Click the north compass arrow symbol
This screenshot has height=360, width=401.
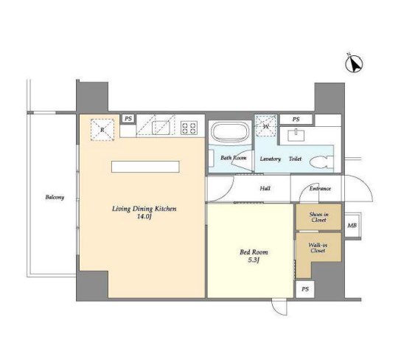coord(355,64)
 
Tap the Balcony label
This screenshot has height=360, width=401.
coord(55,197)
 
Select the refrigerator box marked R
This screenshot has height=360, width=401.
coord(102,130)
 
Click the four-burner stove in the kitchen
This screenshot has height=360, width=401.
coord(189,128)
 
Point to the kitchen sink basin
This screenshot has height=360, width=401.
coord(161,128)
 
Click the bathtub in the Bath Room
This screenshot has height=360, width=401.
coord(231,132)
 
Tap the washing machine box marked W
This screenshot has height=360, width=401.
coord(266,126)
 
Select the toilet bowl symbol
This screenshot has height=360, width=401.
coord(321,163)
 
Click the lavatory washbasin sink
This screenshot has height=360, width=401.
coord(296,135)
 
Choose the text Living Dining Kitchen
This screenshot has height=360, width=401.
coord(144,209)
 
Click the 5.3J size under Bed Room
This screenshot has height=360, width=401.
coord(254,260)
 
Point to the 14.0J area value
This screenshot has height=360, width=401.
coord(144,217)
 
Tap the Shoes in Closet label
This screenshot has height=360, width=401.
coord(318,217)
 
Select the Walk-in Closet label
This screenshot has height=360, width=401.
coord(318,248)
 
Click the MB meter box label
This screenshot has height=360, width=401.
coord(352,226)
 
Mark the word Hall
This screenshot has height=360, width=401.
coord(265,189)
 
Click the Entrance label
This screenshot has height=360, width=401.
coord(320,189)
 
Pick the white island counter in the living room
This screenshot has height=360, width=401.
coord(145,167)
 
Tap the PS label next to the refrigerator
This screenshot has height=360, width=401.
coord(128,119)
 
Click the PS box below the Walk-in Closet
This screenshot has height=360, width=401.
coord(305,289)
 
